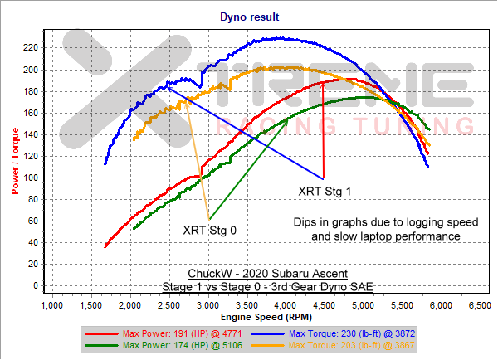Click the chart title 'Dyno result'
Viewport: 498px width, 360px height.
point(249,16)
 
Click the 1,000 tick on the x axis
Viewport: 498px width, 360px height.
point(51,307)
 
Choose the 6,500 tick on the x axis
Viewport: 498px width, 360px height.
point(477,307)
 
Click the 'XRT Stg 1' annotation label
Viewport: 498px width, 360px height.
point(325,191)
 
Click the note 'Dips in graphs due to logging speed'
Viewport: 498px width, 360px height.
point(385,222)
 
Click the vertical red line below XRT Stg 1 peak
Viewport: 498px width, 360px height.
point(323,133)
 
